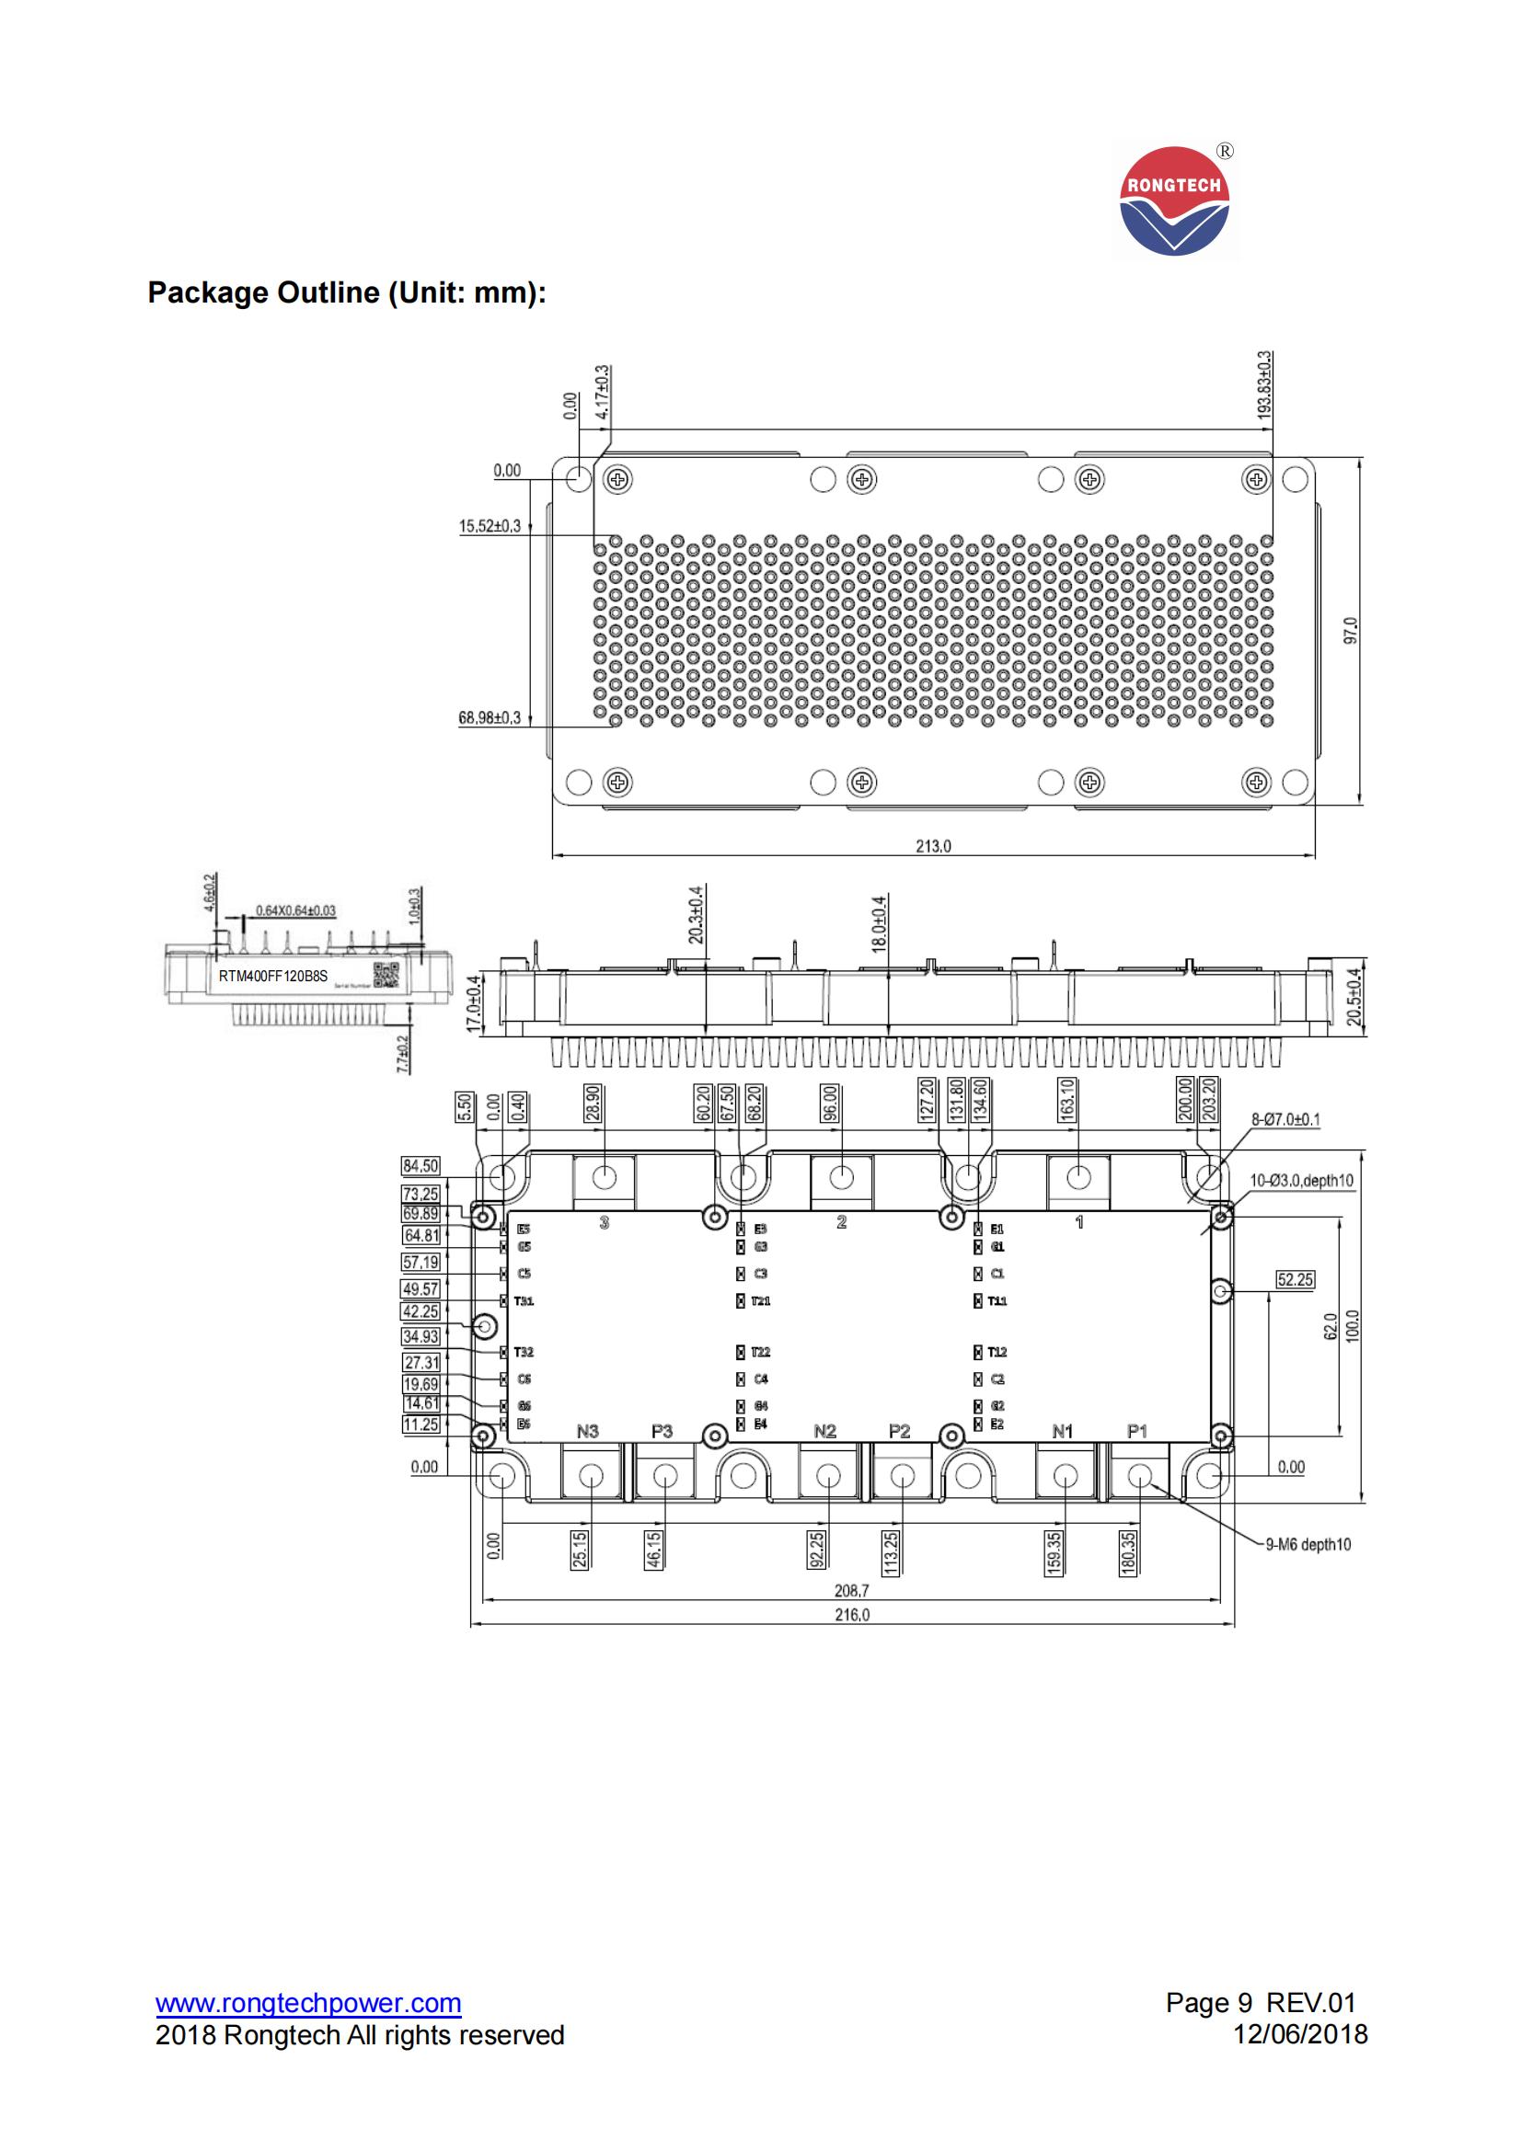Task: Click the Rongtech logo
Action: coord(1174,200)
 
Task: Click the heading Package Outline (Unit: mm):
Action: coord(347,293)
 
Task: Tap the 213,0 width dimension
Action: coord(933,846)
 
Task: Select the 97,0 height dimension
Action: coord(1351,631)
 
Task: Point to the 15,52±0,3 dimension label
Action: coord(490,527)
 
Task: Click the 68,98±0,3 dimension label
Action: coord(490,717)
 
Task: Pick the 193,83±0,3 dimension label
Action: coord(1265,384)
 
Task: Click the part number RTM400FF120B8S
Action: coord(272,977)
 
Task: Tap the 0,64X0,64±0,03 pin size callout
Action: coord(295,910)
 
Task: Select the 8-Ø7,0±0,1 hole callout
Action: coord(1285,1119)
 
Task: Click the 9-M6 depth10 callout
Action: coord(1308,1545)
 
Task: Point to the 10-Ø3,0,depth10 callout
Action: coord(1302,1181)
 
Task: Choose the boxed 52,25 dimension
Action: coord(1296,1280)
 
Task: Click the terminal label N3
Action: coord(588,1432)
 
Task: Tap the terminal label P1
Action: coord(1136,1432)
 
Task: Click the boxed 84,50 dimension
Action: coord(420,1166)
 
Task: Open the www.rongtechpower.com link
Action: coord(308,2004)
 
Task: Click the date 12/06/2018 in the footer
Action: coord(1300,2035)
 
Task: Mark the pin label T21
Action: coord(760,1301)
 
